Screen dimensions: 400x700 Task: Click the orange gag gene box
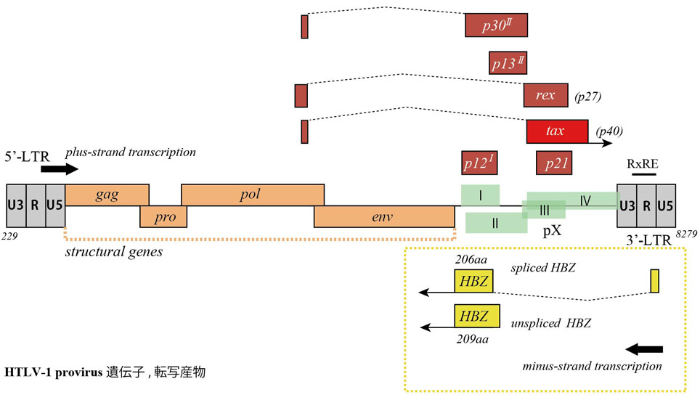[x=107, y=195]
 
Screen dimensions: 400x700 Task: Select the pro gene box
[x=163, y=216]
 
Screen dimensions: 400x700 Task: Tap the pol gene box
[x=252, y=195]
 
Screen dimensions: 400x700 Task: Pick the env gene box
[x=384, y=216]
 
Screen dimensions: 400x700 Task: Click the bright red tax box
[x=557, y=131]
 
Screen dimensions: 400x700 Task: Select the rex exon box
[x=545, y=95]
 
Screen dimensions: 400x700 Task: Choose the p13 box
[x=507, y=62]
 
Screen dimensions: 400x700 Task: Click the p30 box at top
[x=496, y=25]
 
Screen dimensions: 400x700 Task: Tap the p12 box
[x=480, y=163]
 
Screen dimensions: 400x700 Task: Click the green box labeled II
[x=495, y=223]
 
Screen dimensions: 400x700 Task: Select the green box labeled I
[x=480, y=195]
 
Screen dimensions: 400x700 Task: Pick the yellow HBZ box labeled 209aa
[x=476, y=316]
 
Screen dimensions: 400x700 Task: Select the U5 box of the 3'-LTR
[x=665, y=205]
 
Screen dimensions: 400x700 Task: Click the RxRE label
[x=643, y=163]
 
